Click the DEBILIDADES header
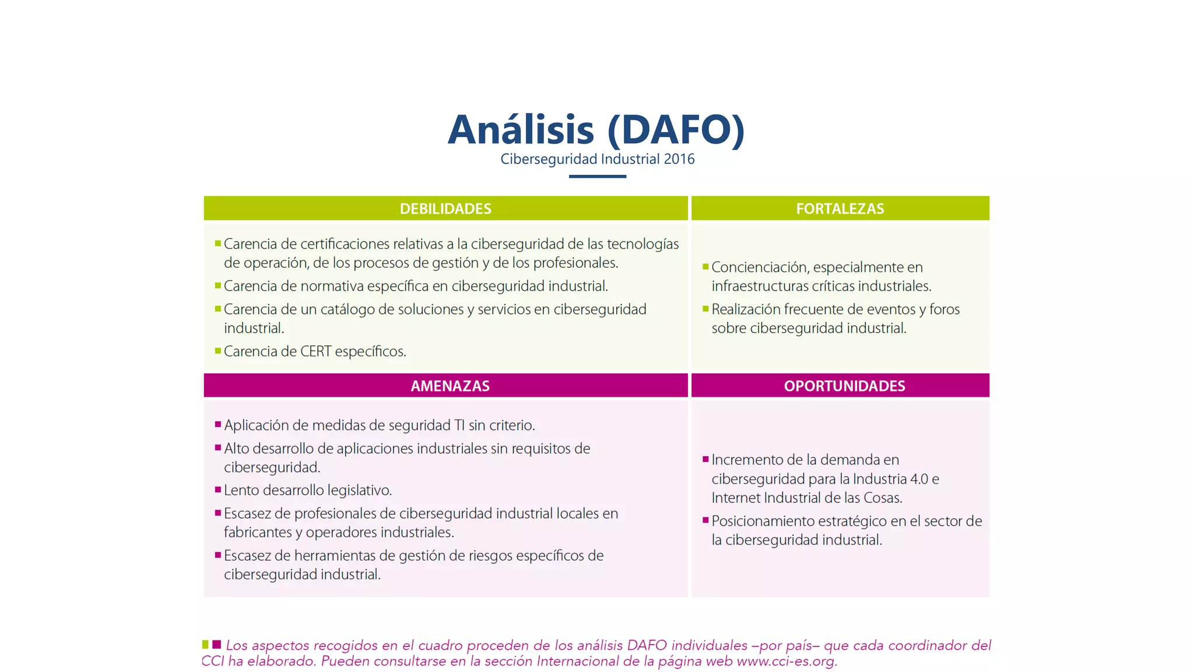click(x=445, y=209)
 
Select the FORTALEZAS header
click(x=840, y=209)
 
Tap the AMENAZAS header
click(x=449, y=386)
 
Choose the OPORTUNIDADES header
click(x=844, y=386)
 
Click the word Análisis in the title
click(x=521, y=130)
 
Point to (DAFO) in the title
click(x=676, y=130)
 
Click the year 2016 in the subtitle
click(x=679, y=159)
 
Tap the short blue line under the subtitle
click(x=597, y=176)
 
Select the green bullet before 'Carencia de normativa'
click(x=218, y=285)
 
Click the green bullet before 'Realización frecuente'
click(x=705, y=309)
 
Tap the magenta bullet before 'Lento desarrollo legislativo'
click(x=218, y=489)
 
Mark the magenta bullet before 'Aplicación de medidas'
click(x=218, y=424)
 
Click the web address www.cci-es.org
click(x=786, y=661)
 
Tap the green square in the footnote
click(x=205, y=645)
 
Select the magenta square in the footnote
click(x=217, y=645)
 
